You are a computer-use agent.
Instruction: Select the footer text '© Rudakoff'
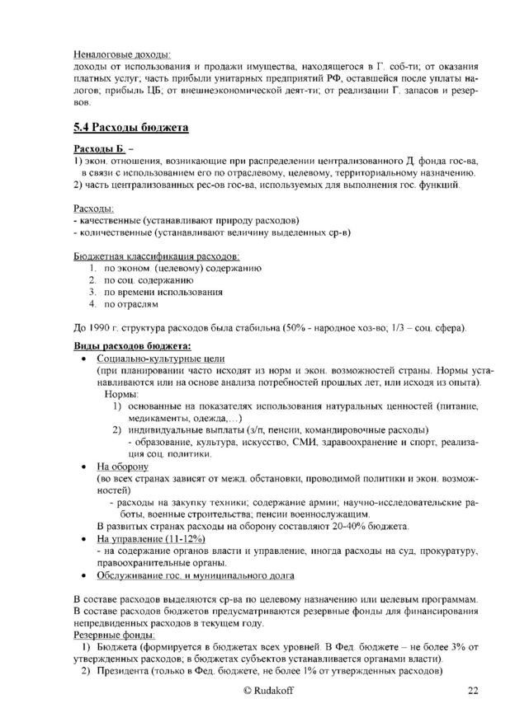pos(257,691)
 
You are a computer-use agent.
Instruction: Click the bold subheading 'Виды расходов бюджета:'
pos(132,345)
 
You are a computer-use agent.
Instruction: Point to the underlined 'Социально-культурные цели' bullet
pos(161,359)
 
